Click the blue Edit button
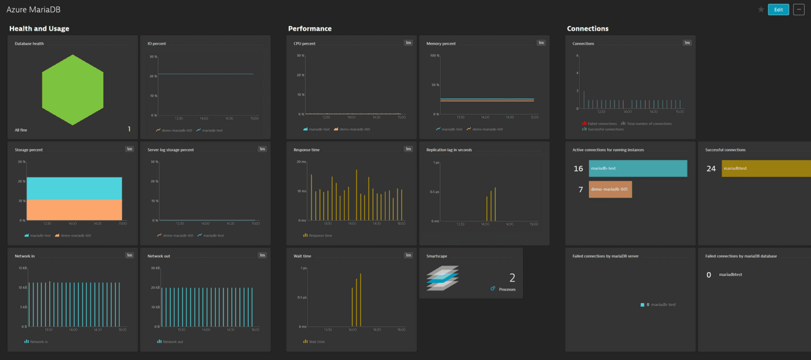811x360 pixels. tap(778, 9)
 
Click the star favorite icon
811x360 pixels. tap(761, 9)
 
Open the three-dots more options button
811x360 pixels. tap(799, 9)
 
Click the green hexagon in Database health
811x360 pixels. tap(73, 90)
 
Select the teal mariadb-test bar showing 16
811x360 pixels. tap(638, 169)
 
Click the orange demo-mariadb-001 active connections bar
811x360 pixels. tap(610, 190)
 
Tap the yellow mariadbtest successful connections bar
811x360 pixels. tap(765, 169)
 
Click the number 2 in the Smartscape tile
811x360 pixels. tap(512, 278)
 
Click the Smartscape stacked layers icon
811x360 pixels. tap(442, 278)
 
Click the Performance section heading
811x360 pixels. tap(310, 28)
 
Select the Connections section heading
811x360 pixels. tap(587, 28)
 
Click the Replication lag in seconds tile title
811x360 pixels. tap(449, 150)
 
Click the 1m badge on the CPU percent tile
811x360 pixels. tap(408, 43)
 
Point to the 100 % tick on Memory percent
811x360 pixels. tap(434, 56)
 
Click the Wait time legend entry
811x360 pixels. tap(316, 341)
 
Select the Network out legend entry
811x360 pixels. tap(172, 341)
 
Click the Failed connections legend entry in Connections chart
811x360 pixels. tap(602, 123)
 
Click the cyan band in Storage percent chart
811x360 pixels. tap(74, 188)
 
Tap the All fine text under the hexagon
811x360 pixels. tap(22, 130)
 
